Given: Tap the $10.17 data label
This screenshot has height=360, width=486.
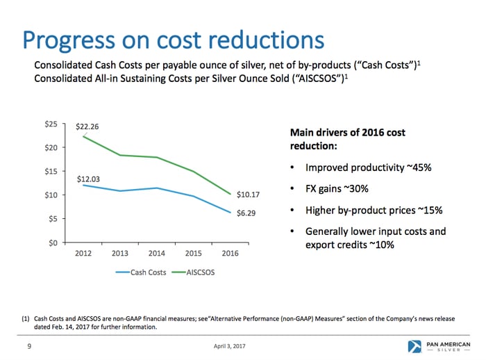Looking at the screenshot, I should (x=248, y=195).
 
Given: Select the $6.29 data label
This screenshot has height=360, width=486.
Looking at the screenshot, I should (x=246, y=213).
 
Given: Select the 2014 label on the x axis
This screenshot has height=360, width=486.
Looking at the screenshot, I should (x=157, y=253).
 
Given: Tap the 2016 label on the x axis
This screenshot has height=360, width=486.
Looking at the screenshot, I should (x=229, y=253).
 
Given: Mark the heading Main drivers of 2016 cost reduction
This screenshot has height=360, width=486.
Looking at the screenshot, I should (x=347, y=139).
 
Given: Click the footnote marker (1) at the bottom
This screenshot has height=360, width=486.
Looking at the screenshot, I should (x=25, y=318).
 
